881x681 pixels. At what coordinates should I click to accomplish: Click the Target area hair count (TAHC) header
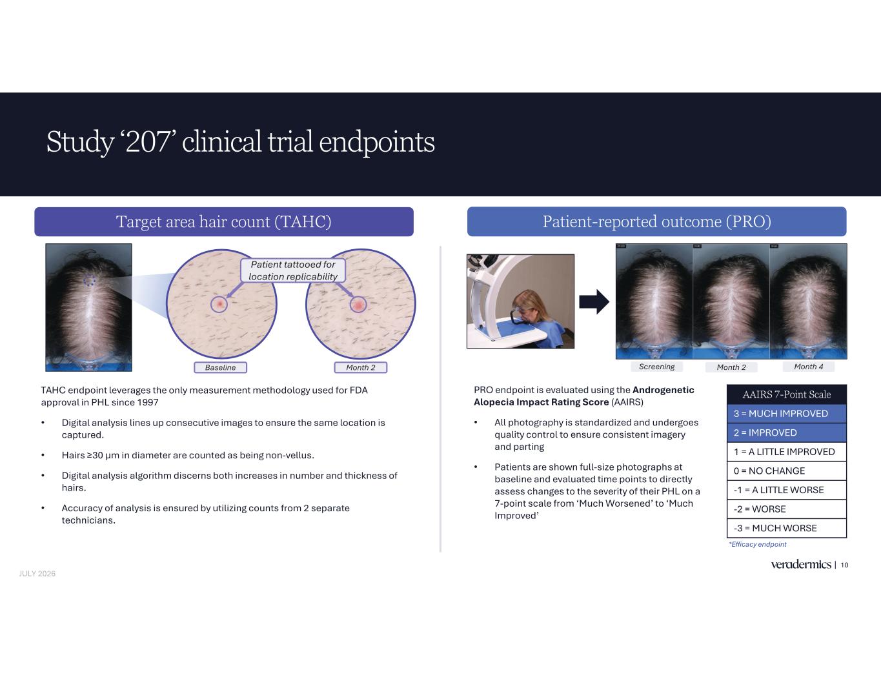pyautogui.click(x=224, y=222)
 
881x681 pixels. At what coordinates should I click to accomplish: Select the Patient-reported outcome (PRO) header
pyautogui.click(x=657, y=222)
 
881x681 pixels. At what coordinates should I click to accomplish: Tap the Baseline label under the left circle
pyautogui.click(x=220, y=367)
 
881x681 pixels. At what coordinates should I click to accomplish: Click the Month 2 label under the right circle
pyautogui.click(x=360, y=367)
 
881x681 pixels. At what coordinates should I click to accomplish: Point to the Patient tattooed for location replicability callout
pyautogui.click(x=293, y=270)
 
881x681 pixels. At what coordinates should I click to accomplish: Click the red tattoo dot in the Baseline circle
pyautogui.click(x=219, y=304)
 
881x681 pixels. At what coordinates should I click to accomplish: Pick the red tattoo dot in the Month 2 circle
pyautogui.click(x=358, y=304)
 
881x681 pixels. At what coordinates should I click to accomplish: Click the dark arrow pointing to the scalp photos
pyautogui.click(x=594, y=301)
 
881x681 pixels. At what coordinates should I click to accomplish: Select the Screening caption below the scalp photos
pyautogui.click(x=657, y=367)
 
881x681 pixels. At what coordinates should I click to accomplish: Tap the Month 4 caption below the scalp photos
pyautogui.click(x=809, y=367)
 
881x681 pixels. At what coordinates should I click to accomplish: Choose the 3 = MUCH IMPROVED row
pyautogui.click(x=787, y=414)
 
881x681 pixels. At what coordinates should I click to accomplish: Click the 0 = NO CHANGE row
pyautogui.click(x=787, y=471)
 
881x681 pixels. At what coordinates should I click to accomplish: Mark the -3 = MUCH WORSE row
pyautogui.click(x=787, y=528)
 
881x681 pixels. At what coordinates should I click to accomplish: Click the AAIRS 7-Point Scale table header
pyautogui.click(x=787, y=394)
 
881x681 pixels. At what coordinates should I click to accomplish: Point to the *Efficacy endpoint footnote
pyautogui.click(x=757, y=544)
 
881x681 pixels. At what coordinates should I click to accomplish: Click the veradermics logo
pyautogui.click(x=801, y=564)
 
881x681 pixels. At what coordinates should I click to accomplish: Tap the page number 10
pyautogui.click(x=844, y=565)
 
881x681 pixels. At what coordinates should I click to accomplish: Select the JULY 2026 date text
pyautogui.click(x=37, y=574)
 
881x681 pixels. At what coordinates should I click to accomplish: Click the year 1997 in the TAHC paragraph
pyautogui.click(x=147, y=402)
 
